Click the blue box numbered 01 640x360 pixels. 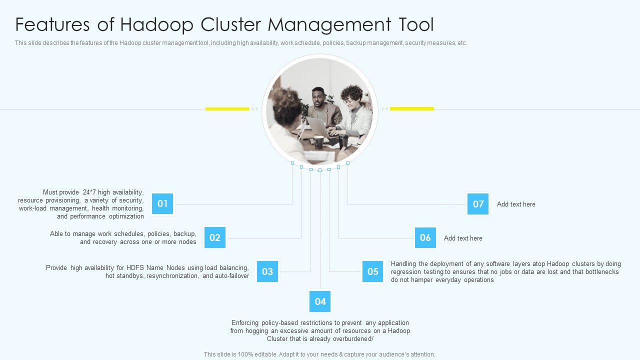(x=162, y=204)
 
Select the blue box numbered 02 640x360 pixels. (x=215, y=238)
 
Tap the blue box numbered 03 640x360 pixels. (x=267, y=271)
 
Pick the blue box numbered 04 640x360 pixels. (x=320, y=301)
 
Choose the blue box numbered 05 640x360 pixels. (x=373, y=271)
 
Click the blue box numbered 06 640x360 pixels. (x=425, y=238)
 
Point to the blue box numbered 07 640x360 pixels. (x=478, y=204)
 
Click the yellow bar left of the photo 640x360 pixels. (x=227, y=108)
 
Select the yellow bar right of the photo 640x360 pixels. (x=412, y=108)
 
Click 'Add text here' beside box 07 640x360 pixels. (x=516, y=204)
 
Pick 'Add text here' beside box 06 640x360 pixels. (x=463, y=238)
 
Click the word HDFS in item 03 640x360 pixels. (x=135, y=268)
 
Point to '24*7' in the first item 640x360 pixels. (x=89, y=192)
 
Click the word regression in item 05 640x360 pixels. (x=407, y=272)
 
